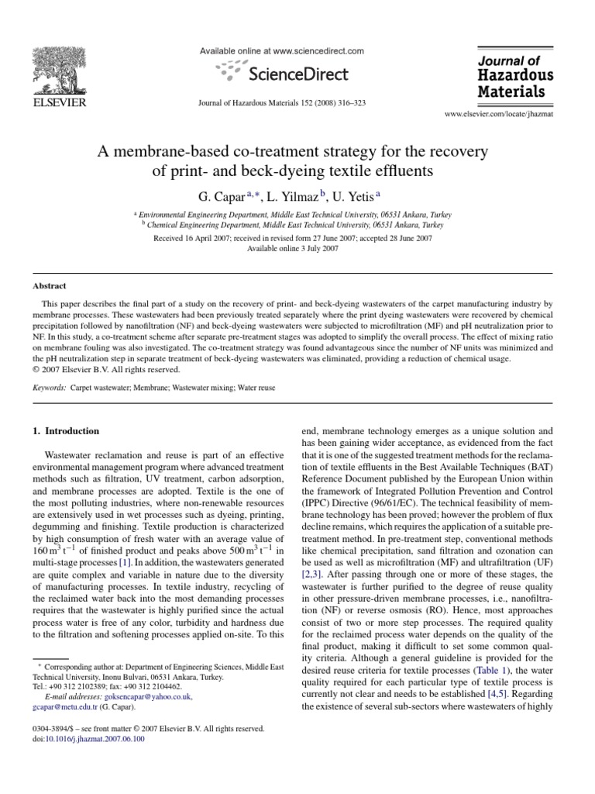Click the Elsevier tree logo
pyautogui.click(x=57, y=69)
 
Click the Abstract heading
pyautogui.click(x=49, y=285)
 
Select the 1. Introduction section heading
pyautogui.click(x=66, y=430)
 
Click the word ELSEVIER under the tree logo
pyautogui.click(x=57, y=103)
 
